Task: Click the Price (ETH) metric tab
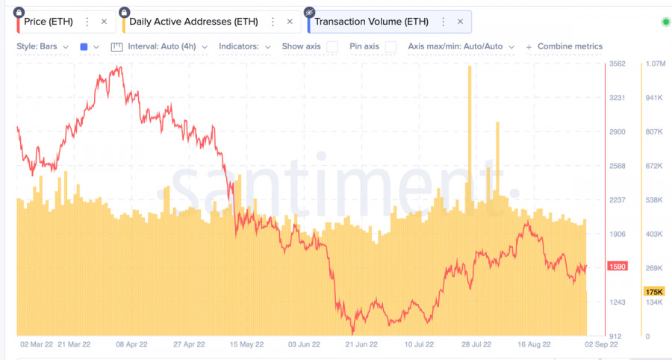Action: [x=49, y=22]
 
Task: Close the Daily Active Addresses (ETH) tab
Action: [x=290, y=22]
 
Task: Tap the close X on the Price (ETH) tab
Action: [x=104, y=22]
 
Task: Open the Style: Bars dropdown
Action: [x=43, y=46]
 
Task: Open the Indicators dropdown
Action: [x=244, y=46]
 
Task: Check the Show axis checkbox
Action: [x=332, y=46]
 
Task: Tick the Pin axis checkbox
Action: [x=391, y=46]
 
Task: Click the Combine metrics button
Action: [x=564, y=46]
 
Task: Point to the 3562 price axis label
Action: [x=617, y=64]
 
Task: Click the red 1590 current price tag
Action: [x=617, y=267]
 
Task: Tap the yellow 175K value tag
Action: [x=654, y=291]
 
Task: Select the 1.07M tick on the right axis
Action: [x=655, y=64]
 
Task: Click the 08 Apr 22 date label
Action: [x=131, y=345]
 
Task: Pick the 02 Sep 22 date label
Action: [x=601, y=345]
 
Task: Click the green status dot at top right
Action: [x=666, y=22]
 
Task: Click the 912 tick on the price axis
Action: [x=617, y=336]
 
